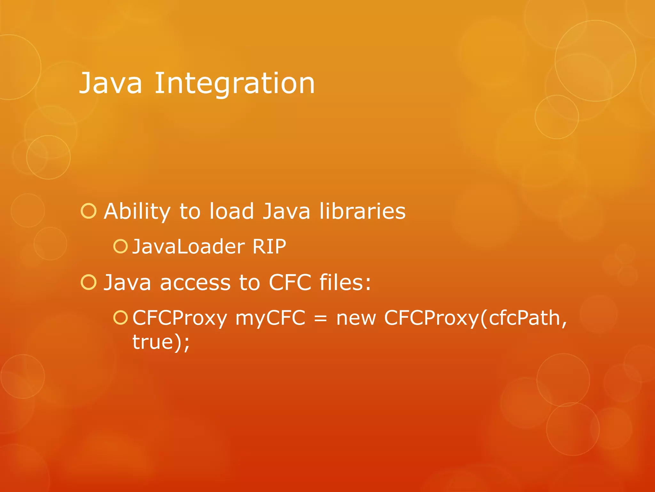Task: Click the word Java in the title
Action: tap(110, 83)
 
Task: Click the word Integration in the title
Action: tap(235, 83)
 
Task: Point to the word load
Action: tap(232, 211)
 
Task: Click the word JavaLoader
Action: tap(189, 247)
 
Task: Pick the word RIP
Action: tap(269, 247)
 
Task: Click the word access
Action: tap(195, 283)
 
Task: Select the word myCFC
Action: tap(270, 318)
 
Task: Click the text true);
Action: tap(161, 342)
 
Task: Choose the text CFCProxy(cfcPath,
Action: tap(476, 318)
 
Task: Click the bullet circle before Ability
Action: tap(89, 211)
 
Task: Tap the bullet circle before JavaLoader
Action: tap(121, 246)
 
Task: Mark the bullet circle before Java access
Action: tap(89, 282)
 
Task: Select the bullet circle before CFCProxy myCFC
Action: tap(121, 318)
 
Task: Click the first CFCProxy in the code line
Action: tap(180, 318)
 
